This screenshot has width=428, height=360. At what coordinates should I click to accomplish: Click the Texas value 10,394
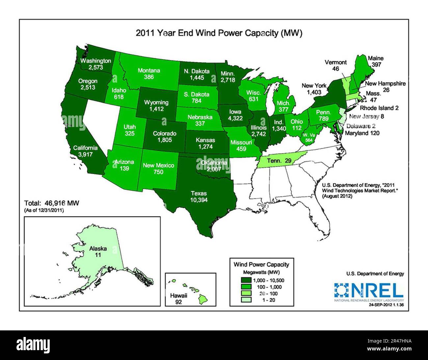pyautogui.click(x=198, y=200)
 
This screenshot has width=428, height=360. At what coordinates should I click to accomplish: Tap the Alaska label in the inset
pyautogui.click(x=98, y=249)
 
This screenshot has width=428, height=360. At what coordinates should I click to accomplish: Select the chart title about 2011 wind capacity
pyautogui.click(x=219, y=33)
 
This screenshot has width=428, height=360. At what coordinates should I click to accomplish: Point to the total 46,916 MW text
pyautogui.click(x=52, y=203)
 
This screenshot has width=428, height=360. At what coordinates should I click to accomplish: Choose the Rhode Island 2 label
pyautogui.click(x=379, y=108)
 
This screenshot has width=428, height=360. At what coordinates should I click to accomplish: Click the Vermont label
pyautogui.click(x=335, y=62)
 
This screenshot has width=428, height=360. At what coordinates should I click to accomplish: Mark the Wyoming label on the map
pyautogui.click(x=156, y=103)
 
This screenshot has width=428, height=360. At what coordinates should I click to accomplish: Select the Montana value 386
pyautogui.click(x=149, y=77)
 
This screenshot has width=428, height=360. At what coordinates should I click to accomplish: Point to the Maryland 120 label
pyautogui.click(x=362, y=133)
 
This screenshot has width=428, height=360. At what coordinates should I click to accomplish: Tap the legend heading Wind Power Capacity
pyautogui.click(x=261, y=264)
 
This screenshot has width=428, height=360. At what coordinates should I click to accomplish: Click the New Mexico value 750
pyautogui.click(x=158, y=172)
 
